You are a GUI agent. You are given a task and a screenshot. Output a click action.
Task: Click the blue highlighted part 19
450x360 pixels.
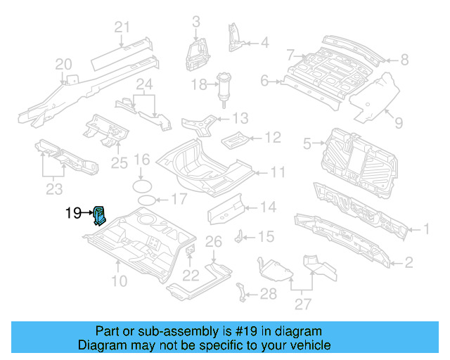tap(100, 214)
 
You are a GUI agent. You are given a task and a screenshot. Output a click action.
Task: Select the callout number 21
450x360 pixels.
tap(122, 27)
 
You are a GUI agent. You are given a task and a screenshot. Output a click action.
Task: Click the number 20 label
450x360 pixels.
tap(64, 65)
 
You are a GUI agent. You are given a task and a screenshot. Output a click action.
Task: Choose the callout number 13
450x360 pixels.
tap(240, 117)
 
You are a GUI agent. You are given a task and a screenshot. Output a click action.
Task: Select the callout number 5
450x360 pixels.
tap(307, 145)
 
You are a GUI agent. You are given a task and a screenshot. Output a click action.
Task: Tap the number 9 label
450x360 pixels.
tap(398, 123)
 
